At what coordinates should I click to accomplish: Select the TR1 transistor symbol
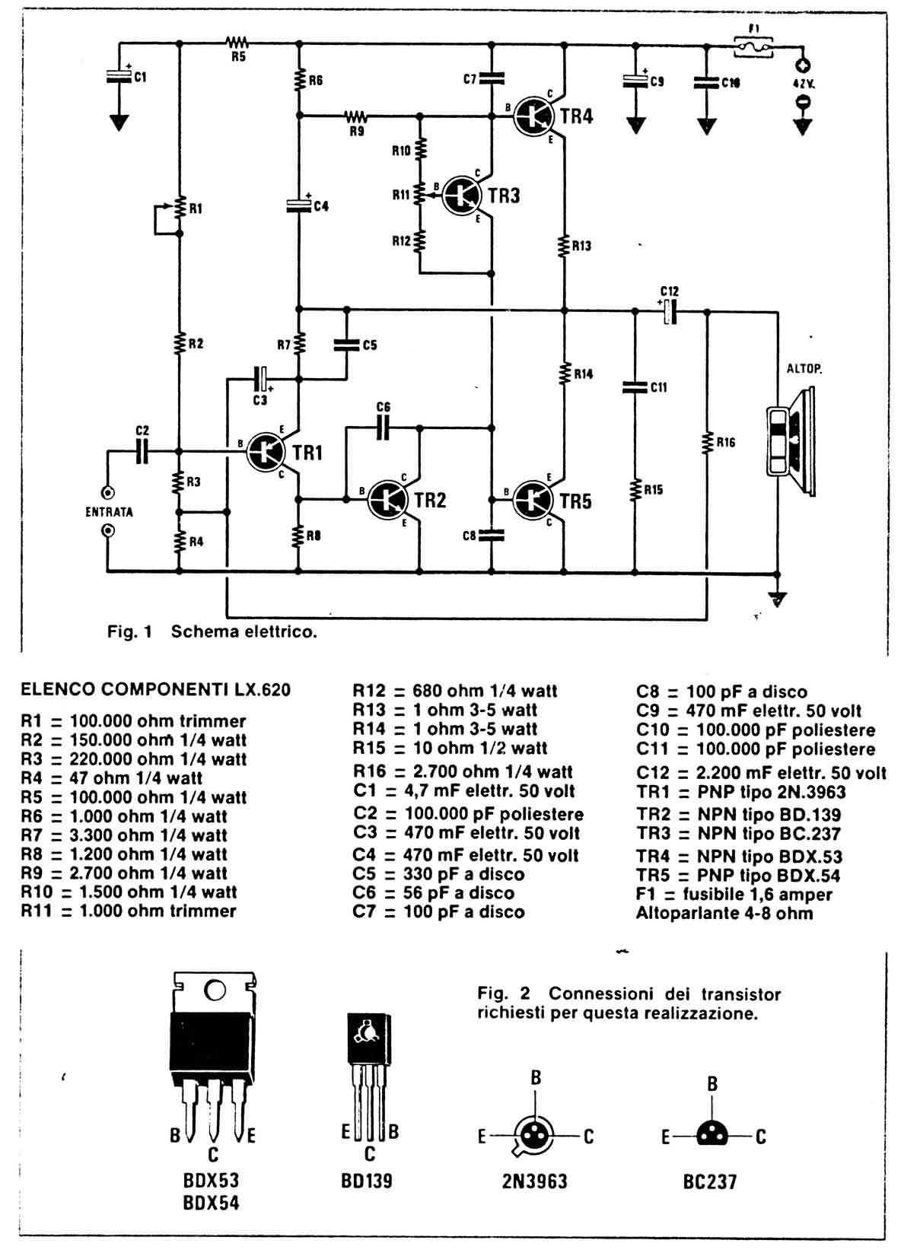(266, 450)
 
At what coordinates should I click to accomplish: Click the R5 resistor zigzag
(237, 43)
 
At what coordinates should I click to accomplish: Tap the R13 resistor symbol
(564, 246)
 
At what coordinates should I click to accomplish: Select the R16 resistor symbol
(707, 442)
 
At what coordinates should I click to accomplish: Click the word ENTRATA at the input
(109, 512)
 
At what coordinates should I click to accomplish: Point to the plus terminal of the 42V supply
(801, 66)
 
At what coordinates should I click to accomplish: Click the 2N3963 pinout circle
(536, 1137)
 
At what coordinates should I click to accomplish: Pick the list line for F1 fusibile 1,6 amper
(734, 895)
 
